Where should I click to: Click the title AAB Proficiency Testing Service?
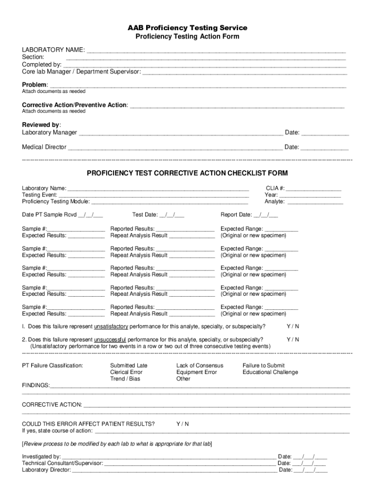pos(187,28)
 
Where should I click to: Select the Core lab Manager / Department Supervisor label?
pos(81,71)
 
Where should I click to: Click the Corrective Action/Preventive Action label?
pos(75,105)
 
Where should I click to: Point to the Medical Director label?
pos(44,147)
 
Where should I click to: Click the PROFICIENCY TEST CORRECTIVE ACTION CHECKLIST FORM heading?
pos(187,173)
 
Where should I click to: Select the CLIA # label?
pos(275,188)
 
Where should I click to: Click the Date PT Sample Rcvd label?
pos(49,214)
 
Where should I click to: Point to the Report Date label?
pos(236,214)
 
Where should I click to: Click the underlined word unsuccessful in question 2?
pos(110,339)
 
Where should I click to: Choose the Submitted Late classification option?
pos(129,365)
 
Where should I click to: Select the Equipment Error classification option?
pos(197,372)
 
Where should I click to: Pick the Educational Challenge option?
pos(270,372)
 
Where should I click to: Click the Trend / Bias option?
pos(125,379)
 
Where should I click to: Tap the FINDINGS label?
pos(36,385)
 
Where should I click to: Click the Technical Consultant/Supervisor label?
pos(62,463)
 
